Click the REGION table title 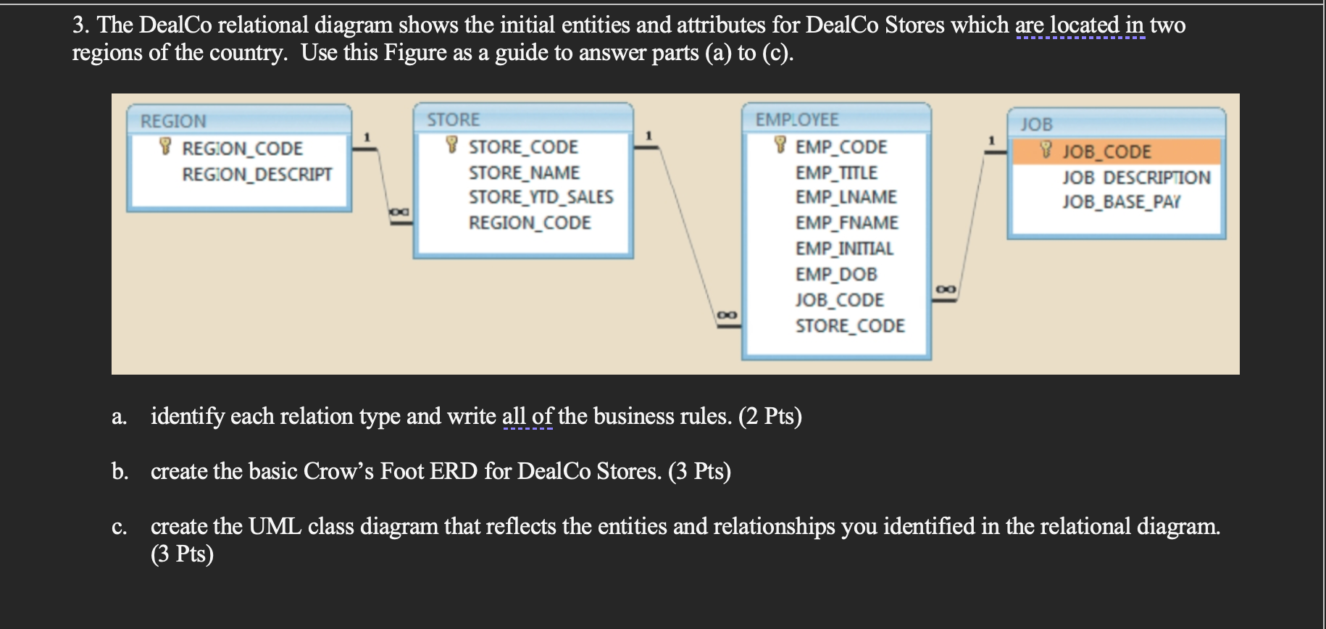(173, 121)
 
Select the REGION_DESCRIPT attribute (257, 175)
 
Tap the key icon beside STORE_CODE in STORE (452, 145)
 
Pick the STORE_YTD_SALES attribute (541, 197)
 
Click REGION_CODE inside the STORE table (530, 223)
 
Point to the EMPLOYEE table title (796, 120)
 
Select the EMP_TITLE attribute (836, 173)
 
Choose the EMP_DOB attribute (836, 275)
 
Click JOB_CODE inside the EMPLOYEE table (839, 300)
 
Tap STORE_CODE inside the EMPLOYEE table (850, 326)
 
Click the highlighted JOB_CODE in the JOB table (1106, 151)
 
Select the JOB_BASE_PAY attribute (1121, 202)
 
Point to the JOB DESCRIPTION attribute (1136, 178)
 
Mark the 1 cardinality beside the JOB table (992, 139)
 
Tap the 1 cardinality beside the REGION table (367, 136)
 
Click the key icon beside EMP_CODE (780, 145)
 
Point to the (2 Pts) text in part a (770, 417)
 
